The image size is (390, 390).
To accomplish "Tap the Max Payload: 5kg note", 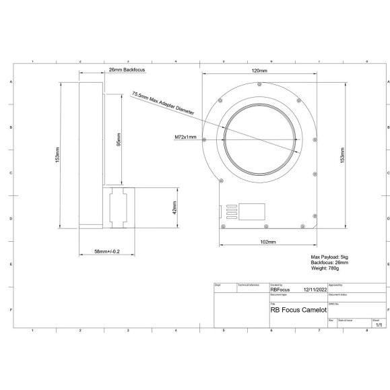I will click(329, 257).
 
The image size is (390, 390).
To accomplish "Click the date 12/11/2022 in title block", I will click(314, 290).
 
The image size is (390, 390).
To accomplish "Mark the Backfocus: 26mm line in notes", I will click(328, 262).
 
